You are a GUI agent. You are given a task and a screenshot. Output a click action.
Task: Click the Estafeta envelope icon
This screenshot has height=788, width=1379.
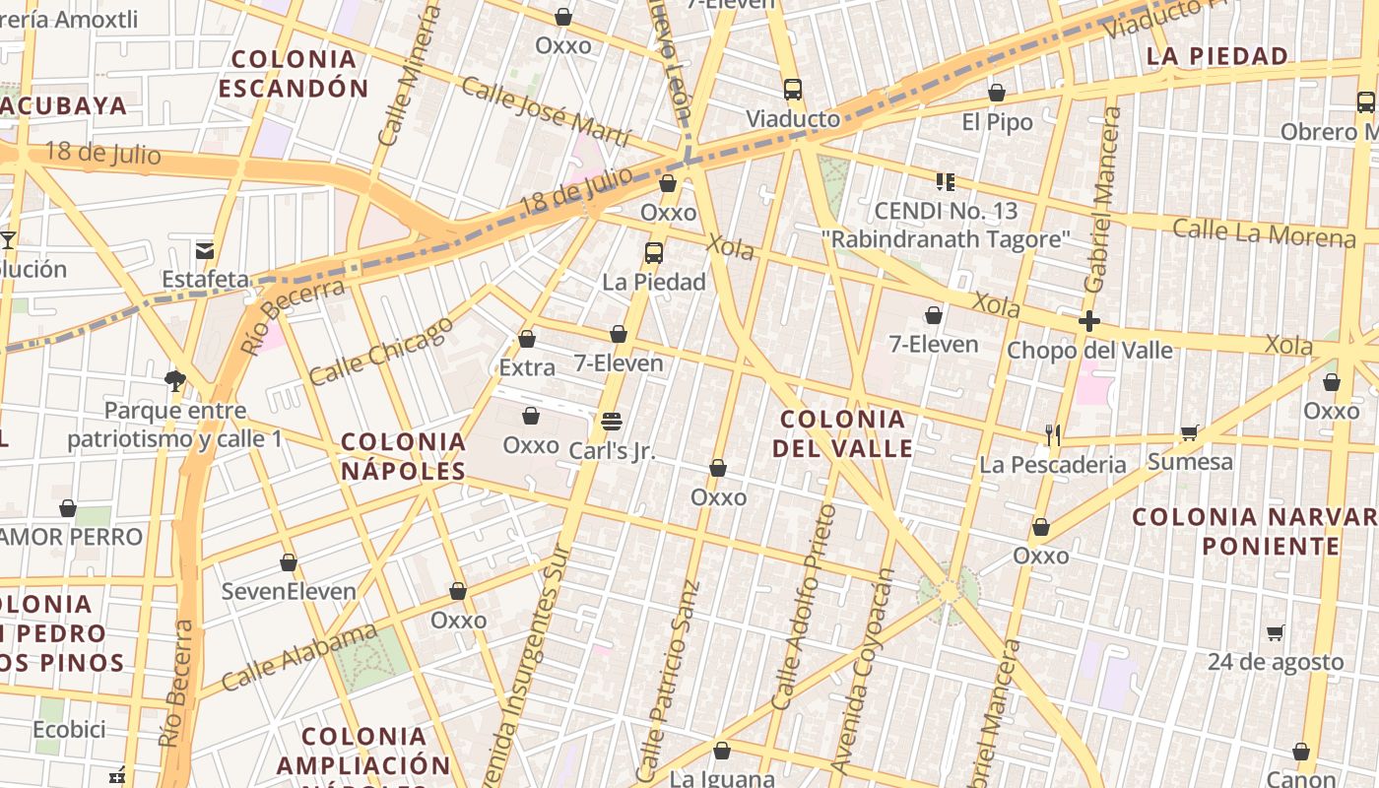tap(205, 250)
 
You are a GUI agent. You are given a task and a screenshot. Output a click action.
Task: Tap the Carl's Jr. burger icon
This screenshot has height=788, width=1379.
tap(611, 422)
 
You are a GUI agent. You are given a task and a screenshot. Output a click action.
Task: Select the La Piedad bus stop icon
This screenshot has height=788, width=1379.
tap(653, 252)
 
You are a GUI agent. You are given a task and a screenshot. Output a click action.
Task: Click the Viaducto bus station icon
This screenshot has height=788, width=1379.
tap(793, 90)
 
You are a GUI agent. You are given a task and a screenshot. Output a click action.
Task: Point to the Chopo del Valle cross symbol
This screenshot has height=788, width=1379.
tap(1088, 321)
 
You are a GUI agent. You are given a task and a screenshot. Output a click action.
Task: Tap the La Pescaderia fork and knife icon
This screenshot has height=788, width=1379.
tap(1053, 434)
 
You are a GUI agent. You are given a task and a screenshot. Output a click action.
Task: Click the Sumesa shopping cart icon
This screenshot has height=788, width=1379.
tap(1190, 432)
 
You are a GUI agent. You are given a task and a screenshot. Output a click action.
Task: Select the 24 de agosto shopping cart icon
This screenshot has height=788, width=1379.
tap(1276, 632)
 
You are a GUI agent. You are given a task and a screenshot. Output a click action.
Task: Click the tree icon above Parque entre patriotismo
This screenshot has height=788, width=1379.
tap(175, 380)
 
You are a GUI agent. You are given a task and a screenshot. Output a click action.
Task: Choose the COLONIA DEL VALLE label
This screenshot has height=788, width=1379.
tap(842, 433)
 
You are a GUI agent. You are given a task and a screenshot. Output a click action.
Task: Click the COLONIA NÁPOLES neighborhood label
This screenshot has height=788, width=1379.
tap(404, 456)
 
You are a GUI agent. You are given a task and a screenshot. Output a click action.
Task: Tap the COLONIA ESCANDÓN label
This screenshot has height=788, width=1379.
tap(294, 74)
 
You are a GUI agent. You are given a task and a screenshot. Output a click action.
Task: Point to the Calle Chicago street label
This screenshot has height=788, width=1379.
tap(382, 350)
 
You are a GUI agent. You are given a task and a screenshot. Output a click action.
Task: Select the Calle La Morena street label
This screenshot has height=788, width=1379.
tap(1264, 233)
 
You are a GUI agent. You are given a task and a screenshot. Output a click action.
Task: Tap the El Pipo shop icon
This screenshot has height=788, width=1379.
tap(997, 93)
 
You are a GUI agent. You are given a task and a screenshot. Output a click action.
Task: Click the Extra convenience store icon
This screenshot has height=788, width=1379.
tap(527, 339)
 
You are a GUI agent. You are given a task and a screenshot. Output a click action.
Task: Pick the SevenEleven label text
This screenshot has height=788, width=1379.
tap(289, 592)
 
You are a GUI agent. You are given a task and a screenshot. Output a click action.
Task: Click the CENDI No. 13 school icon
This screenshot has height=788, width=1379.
tap(945, 181)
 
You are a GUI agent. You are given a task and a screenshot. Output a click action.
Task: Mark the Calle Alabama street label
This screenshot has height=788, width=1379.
tap(299, 657)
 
